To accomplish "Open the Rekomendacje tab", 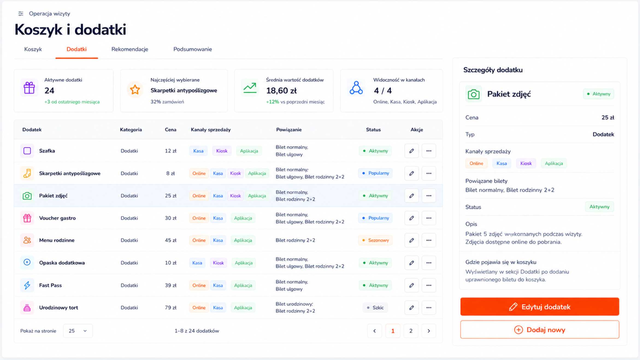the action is point(130,49).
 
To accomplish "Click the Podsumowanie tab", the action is point(193,49).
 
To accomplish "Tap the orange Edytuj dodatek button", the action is point(539,307).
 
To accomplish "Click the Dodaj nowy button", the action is point(539,330).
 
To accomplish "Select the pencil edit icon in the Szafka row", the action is point(411,151).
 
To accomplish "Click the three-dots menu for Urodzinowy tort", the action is point(429,308).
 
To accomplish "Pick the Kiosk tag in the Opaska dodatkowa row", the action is point(218,263).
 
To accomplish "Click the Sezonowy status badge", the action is point(375,240).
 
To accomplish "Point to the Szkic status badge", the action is point(375,308).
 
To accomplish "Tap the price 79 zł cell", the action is point(171,308).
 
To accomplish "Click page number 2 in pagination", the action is point(411,331).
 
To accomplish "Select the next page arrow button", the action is point(429,331).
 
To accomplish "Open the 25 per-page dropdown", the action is point(78,331).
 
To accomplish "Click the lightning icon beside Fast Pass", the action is point(27,285).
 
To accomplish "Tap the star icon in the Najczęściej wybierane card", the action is point(135,89).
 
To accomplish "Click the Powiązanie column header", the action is point(289,129).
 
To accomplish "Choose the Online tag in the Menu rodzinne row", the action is point(199,240).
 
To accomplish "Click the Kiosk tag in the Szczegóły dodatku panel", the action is point(526,163).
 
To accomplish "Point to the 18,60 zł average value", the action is point(281,90).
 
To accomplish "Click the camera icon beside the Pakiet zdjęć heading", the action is point(474,94).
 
